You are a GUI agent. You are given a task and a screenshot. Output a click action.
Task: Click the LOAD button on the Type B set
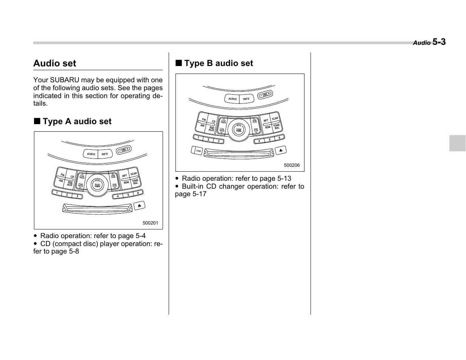pos(197,151)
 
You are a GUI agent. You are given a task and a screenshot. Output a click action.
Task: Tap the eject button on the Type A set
pos(139,206)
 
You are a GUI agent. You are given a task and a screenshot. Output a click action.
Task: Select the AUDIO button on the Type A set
pos(91,154)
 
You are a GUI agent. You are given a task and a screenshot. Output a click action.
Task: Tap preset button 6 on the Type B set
pos(279,138)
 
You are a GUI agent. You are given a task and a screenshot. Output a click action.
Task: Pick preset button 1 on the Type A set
pos(57,193)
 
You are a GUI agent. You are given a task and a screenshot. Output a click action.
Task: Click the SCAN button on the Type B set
pos(275,118)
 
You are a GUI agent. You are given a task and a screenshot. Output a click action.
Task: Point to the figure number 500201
pos(150,223)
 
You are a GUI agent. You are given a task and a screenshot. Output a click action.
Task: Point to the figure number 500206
pos(292,165)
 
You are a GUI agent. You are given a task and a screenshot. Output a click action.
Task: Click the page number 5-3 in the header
pos(439,42)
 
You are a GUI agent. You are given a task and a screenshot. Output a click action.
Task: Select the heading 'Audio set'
pos(55,63)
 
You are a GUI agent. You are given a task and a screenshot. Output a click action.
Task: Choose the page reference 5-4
pos(138,236)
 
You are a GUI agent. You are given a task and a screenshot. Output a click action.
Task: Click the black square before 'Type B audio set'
pos(178,63)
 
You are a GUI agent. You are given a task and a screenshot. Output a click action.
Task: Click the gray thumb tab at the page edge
pos(457,143)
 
